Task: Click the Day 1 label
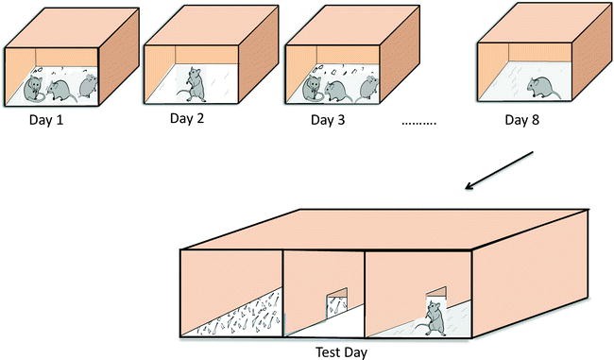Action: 46,120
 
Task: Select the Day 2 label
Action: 187,118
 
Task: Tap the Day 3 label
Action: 328,120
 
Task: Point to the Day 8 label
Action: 522,120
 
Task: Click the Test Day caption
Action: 341,352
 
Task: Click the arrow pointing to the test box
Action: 499,170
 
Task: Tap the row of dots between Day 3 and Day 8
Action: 418,124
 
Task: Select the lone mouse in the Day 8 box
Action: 542,88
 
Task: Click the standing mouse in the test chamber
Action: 434,318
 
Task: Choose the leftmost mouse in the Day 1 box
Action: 34,89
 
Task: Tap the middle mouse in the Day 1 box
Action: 61,92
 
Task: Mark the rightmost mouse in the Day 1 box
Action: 88,86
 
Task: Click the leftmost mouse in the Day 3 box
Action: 313,89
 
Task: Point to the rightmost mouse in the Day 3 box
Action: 368,87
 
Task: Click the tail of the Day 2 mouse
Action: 184,93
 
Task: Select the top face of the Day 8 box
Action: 544,23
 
